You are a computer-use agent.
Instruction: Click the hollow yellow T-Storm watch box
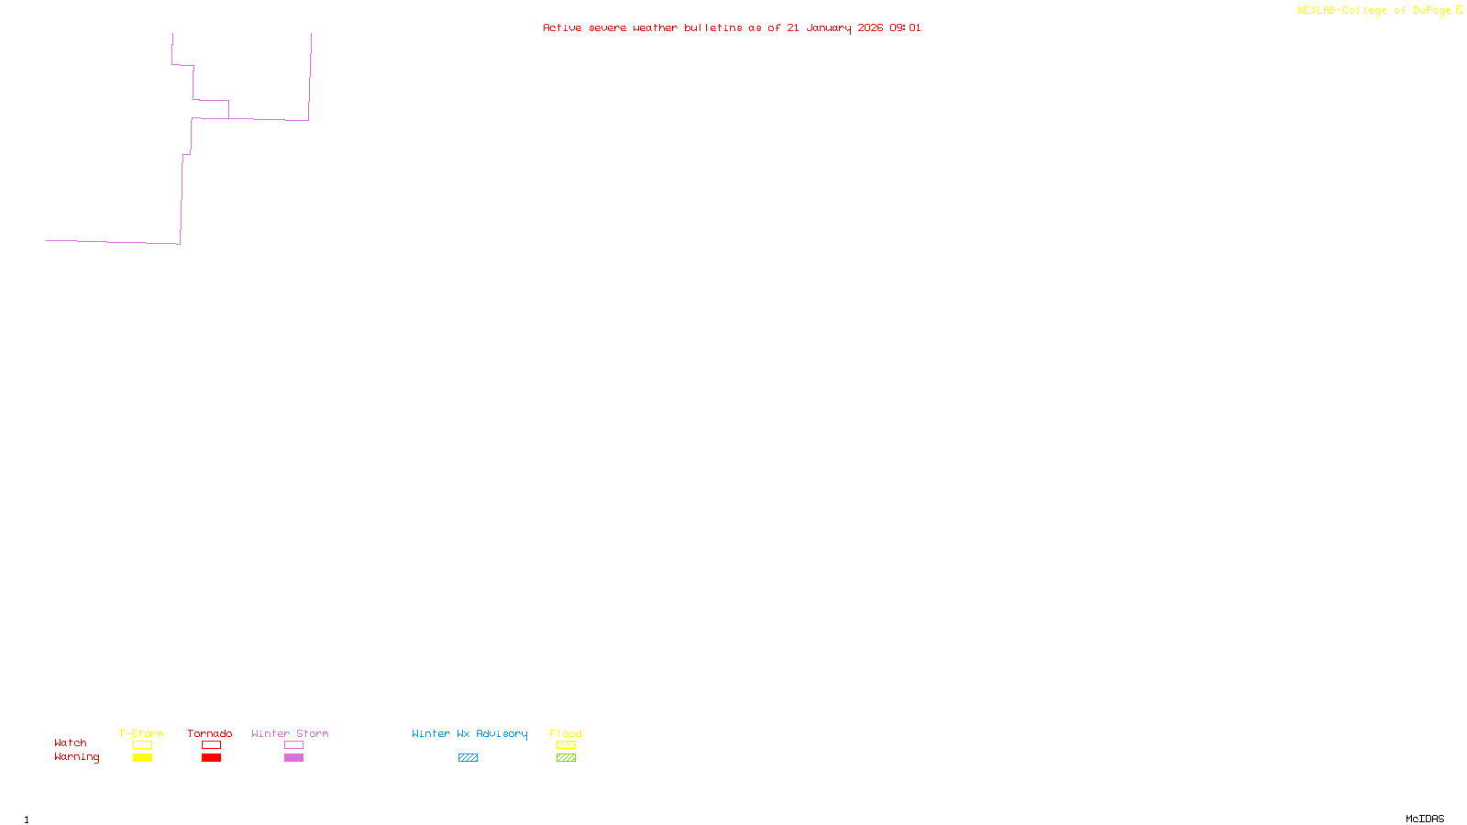coord(142,745)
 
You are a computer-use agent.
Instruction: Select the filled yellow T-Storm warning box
coord(142,758)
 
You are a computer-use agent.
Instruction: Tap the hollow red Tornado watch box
coord(211,745)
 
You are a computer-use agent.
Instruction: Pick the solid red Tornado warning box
coord(211,758)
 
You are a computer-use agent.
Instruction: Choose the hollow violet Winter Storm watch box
coord(293,745)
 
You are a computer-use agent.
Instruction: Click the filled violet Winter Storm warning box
coord(293,758)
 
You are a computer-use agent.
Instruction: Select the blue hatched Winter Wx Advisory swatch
coord(468,758)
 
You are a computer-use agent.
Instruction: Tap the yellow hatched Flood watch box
coord(566,745)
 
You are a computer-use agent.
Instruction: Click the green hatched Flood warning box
coord(566,758)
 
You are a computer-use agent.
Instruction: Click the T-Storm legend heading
coord(141,733)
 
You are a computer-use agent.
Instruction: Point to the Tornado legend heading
coord(210,733)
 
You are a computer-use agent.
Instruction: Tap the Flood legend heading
coord(566,733)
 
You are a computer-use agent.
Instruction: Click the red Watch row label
coord(71,742)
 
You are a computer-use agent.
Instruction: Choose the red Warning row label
coord(77,757)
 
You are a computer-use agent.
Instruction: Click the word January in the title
coord(829,27)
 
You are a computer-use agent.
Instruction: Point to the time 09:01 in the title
coord(905,27)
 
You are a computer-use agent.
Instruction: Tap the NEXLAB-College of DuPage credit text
coord(1374,11)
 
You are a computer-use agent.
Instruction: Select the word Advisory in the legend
coord(502,733)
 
